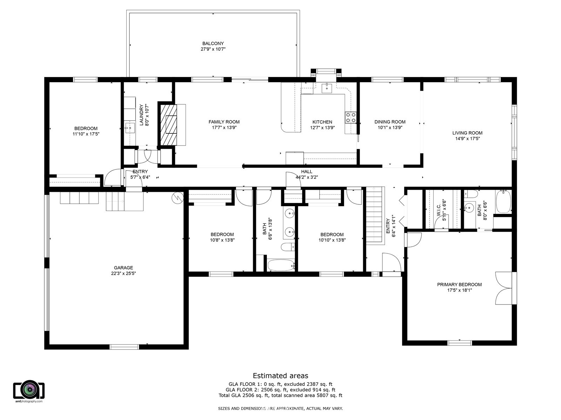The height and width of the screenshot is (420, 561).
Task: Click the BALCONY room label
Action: (x=213, y=44)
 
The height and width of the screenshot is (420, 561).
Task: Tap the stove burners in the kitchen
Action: (x=350, y=118)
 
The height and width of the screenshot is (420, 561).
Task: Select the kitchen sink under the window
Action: (x=327, y=88)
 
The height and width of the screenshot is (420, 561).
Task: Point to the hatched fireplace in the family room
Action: (x=168, y=125)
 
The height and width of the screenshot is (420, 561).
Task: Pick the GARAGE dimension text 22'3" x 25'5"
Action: (x=123, y=273)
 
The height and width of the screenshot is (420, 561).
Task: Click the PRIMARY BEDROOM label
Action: (x=459, y=284)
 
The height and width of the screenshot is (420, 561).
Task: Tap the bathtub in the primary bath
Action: (x=503, y=202)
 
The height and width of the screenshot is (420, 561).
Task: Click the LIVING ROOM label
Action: (x=467, y=133)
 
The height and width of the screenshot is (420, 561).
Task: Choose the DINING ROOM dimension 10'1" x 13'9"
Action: (x=390, y=127)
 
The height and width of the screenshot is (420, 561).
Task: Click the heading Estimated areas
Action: (x=280, y=376)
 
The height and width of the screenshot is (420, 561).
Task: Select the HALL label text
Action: (x=306, y=171)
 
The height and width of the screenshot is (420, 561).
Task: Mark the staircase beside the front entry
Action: (x=375, y=216)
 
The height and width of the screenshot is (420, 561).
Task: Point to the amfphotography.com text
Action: (x=29, y=401)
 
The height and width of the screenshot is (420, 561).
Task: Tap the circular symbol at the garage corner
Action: (x=178, y=197)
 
